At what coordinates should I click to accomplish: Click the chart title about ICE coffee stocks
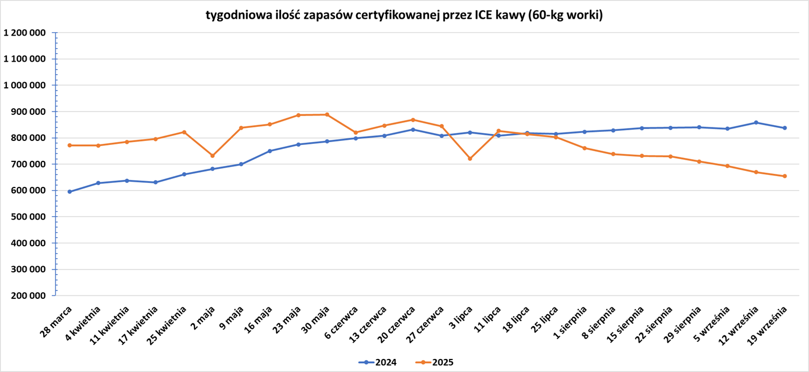coord(404,15)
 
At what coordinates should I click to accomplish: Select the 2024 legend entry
coord(378,362)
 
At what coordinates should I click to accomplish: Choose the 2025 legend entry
coord(434,362)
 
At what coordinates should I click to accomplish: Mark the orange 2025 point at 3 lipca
coord(470,159)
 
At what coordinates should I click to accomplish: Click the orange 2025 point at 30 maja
coord(327,114)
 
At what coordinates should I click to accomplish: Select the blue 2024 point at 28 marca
coord(70,191)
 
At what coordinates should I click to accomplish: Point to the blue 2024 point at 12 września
coord(756,122)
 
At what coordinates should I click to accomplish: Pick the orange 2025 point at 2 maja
coord(213,156)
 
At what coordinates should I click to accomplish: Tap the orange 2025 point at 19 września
coord(785,176)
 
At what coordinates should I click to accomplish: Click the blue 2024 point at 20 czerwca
coord(413,130)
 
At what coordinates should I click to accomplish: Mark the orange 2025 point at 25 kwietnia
coord(184,132)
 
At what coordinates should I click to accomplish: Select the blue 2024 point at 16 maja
coord(270,151)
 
